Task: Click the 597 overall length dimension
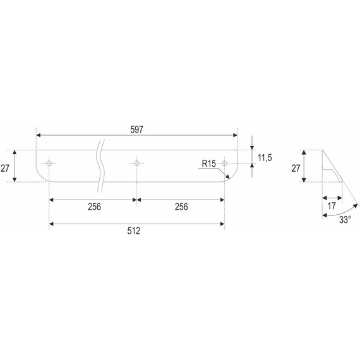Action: pyautogui.click(x=136, y=129)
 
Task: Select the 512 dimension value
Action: pyautogui.click(x=134, y=231)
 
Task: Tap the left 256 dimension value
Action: pyautogui.click(x=94, y=207)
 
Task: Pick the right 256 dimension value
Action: pyautogui.click(x=181, y=207)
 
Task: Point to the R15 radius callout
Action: pyautogui.click(x=208, y=164)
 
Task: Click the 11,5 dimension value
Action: pyautogui.click(x=265, y=158)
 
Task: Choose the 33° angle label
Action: pyautogui.click(x=345, y=220)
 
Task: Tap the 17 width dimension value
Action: pyautogui.click(x=332, y=206)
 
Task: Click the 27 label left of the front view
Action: pyautogui.click(x=5, y=168)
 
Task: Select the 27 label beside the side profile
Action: pyautogui.click(x=296, y=168)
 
